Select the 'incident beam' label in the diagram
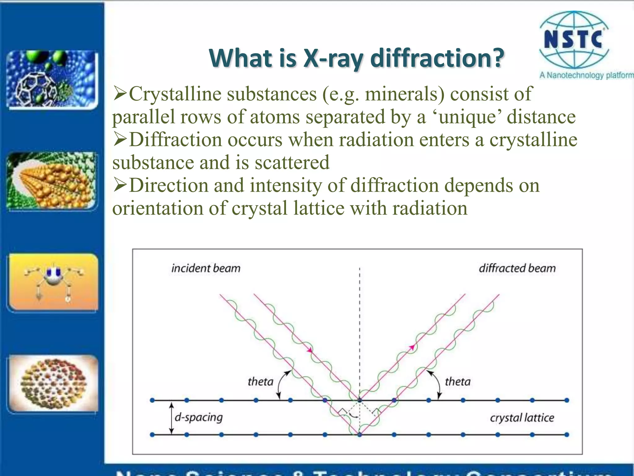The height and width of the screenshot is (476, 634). tap(206, 268)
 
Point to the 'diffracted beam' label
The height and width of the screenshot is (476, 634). tap(517, 268)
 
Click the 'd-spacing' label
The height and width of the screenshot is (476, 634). tap(199, 417)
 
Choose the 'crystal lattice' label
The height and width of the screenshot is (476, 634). tap(522, 418)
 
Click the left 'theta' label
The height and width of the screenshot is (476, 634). tap(260, 381)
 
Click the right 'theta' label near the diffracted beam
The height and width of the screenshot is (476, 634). tap(458, 381)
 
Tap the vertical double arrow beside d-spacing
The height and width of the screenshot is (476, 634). tap(172, 418)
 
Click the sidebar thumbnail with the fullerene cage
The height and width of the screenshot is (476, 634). tap(52, 80)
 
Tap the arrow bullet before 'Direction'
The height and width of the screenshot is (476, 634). tap(120, 185)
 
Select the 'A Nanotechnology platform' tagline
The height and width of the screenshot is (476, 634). tap(586, 75)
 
